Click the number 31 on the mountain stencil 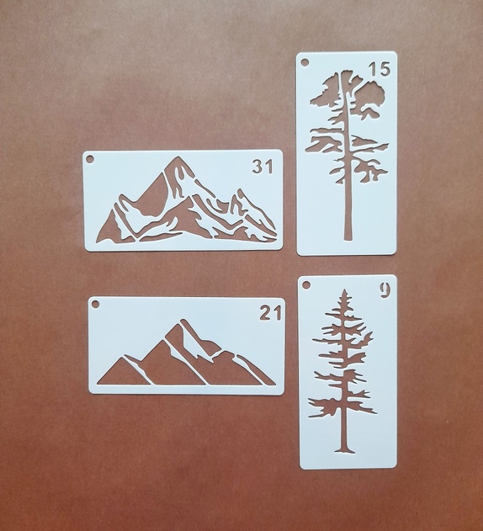263,167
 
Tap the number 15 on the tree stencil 379,69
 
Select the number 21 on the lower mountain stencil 270,312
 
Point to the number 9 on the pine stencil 385,290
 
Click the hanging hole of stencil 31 90,159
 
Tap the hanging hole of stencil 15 305,63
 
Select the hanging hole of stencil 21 95,304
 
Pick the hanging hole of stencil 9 306,285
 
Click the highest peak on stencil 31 178,158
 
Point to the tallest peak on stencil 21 183,321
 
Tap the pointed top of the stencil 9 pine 345,290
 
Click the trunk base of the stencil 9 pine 345,450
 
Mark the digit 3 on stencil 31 257,167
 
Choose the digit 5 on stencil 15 385,69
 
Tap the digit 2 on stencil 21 265,312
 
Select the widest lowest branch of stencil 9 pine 342,406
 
